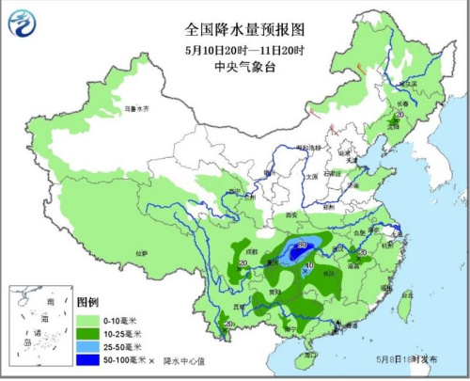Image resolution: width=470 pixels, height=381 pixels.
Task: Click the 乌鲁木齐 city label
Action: point(137,110)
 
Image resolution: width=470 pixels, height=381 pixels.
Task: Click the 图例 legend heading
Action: point(87,302)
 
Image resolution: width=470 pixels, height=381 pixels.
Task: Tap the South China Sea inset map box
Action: point(38,329)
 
